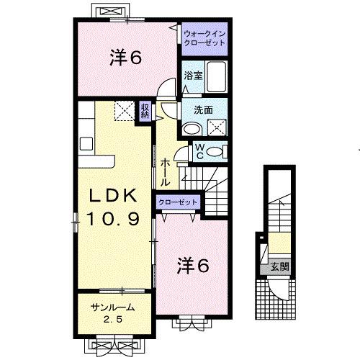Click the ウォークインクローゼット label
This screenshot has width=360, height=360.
(x=204, y=38)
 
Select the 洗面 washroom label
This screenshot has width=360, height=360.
(x=202, y=110)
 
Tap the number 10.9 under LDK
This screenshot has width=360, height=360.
(x=113, y=217)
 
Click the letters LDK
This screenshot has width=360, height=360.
(x=114, y=195)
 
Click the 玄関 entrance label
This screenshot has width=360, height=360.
(x=279, y=266)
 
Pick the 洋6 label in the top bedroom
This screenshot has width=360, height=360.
(x=125, y=57)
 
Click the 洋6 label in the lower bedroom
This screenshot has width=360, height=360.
(x=193, y=266)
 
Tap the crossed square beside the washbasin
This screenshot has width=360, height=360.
(x=215, y=128)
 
